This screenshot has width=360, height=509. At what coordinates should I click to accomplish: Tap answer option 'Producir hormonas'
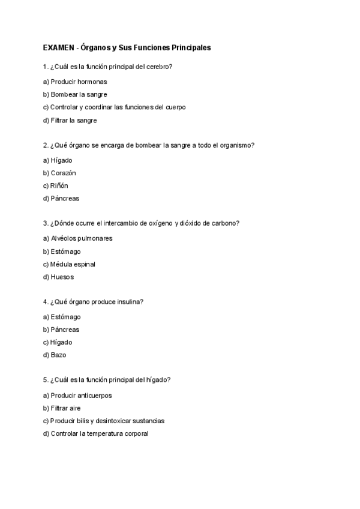pos(75,82)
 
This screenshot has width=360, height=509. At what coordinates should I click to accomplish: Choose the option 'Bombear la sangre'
pos(75,94)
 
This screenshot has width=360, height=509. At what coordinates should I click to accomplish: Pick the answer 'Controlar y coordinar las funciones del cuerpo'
pos(115,107)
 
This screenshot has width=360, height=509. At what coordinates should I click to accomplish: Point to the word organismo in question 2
pos(235,145)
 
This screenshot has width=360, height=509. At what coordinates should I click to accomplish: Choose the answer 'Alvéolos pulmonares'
pos(78,238)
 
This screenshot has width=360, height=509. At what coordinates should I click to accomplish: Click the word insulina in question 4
pos(126,302)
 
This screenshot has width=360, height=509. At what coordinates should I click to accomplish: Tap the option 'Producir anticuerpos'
pos(77,396)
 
